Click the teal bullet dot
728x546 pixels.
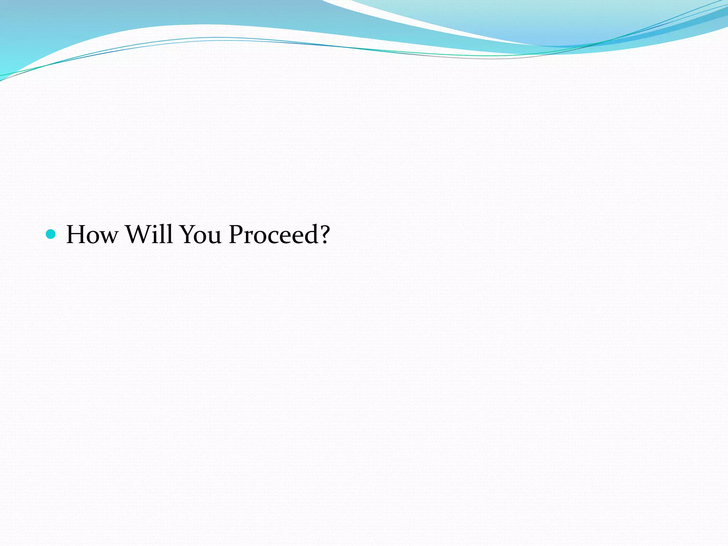(x=51, y=234)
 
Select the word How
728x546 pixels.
(x=92, y=235)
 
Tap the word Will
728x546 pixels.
(x=149, y=235)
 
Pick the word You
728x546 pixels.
(x=201, y=235)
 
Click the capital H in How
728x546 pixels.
(x=76, y=235)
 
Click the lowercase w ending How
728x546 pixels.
(x=108, y=237)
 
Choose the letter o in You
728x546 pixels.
(x=202, y=237)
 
